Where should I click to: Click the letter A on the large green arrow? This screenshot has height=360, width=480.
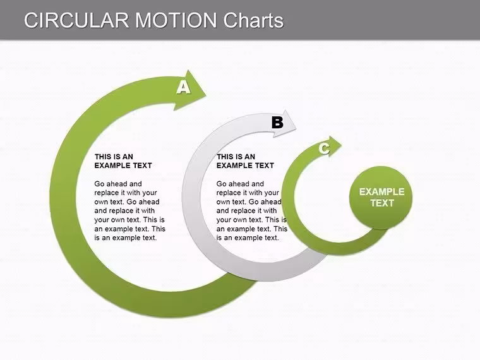click(183, 87)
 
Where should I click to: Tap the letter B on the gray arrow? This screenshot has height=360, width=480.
click(278, 123)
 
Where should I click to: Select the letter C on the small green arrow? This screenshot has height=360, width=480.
click(324, 148)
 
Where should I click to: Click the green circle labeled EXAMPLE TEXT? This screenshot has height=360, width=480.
click(380, 198)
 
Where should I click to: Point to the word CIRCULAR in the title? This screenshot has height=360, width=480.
click(76, 20)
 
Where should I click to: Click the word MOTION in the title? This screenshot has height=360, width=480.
click(176, 20)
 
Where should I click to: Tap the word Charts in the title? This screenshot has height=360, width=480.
click(253, 20)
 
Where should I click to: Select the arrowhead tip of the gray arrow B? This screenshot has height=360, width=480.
click(296, 130)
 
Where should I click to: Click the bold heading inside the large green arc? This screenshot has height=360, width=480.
click(123, 161)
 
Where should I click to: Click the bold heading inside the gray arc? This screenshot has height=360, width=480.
click(245, 161)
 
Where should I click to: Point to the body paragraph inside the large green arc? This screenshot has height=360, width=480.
click(130, 210)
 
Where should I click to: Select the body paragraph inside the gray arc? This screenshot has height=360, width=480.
click(251, 210)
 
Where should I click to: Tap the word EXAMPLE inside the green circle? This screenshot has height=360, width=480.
click(381, 191)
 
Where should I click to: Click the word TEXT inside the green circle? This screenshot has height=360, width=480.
click(381, 203)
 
